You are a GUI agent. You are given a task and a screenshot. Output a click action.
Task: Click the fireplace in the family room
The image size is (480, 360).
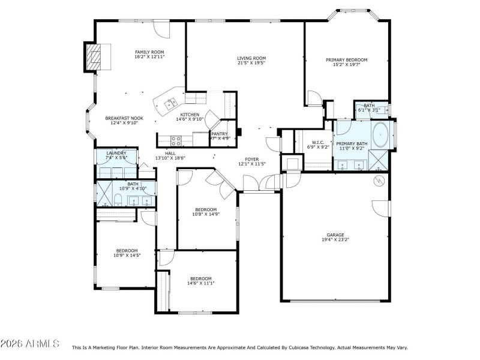pyautogui.click(x=92, y=58)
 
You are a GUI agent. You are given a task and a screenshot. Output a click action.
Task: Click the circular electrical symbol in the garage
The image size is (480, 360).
pyautogui.click(x=379, y=180)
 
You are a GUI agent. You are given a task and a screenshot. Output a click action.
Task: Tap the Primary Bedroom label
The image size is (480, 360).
pyautogui.click(x=346, y=60)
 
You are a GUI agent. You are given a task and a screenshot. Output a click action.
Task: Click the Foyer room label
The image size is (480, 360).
pyautogui.click(x=251, y=160)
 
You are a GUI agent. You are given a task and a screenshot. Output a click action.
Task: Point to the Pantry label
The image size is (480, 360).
pyautogui.click(x=218, y=134)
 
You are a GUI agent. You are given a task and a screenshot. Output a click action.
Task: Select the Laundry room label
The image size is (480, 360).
pyautogui.click(x=116, y=154)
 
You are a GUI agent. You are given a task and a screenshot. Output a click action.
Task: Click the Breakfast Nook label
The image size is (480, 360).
pyautogui.click(x=124, y=118)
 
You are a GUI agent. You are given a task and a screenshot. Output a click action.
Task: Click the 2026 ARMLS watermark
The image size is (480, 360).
pyautogui.click(x=30, y=344)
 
